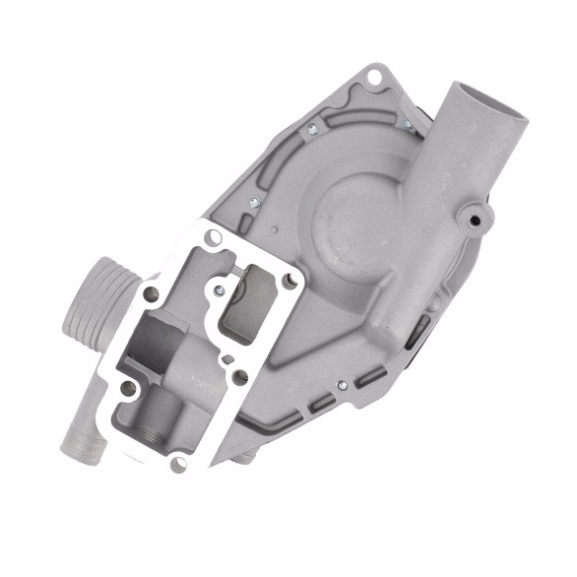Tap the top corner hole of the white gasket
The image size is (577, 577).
pos(214,236)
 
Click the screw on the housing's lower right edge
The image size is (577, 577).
pos(341,385)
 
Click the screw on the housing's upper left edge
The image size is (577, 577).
pos(313,129)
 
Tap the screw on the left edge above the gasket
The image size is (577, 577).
pos(254,200)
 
